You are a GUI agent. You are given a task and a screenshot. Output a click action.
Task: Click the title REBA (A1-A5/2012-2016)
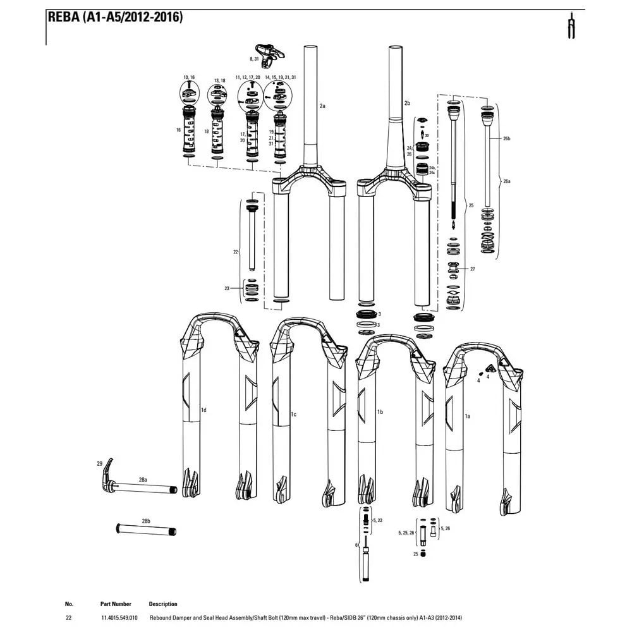(116, 17)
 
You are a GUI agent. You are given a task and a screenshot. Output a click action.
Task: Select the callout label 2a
(322, 106)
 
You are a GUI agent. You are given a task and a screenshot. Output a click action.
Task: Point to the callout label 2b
(407, 102)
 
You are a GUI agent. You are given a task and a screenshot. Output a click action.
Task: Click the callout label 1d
(204, 410)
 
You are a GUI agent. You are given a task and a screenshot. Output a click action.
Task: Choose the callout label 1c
(293, 414)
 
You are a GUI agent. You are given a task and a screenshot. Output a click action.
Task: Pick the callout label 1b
(380, 412)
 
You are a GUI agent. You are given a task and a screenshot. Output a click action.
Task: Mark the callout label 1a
(468, 416)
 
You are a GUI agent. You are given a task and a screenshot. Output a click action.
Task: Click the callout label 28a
(143, 480)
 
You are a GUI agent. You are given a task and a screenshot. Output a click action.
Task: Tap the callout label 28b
(146, 521)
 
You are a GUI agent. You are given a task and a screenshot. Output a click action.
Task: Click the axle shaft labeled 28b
(146, 530)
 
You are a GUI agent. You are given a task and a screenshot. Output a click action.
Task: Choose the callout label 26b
(506, 138)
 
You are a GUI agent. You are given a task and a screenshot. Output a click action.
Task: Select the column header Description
(163, 604)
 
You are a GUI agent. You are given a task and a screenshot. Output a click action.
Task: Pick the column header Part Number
(116, 604)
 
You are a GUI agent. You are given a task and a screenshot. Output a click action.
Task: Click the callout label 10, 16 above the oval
(189, 77)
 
